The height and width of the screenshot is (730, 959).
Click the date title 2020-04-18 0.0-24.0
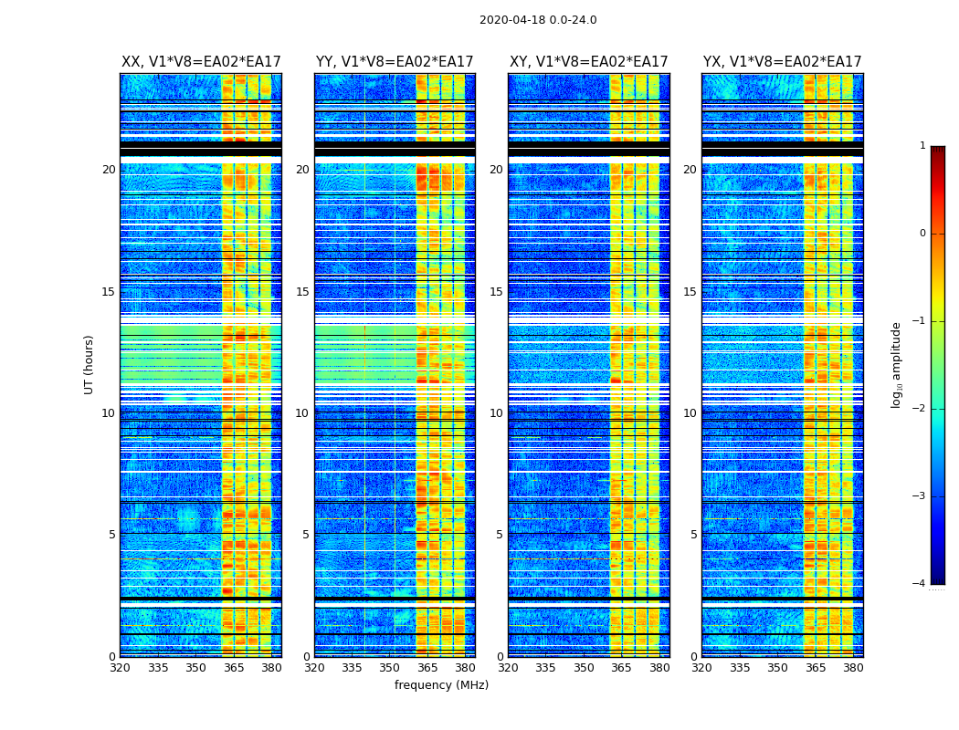[538, 20]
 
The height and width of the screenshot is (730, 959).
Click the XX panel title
[201, 62]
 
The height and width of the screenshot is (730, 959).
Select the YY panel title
[395, 62]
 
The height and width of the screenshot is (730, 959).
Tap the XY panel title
[589, 62]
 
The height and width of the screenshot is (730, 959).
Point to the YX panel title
[783, 62]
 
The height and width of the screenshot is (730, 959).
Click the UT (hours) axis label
[90, 364]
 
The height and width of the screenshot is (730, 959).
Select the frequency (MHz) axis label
[441, 685]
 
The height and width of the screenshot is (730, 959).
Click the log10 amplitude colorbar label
[897, 364]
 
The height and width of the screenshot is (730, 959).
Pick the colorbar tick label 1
[922, 146]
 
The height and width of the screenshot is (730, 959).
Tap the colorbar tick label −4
[920, 584]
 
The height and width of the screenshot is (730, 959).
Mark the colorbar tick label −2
[920, 409]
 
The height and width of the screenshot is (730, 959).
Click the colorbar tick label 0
[922, 234]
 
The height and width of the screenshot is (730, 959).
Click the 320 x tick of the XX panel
[120, 668]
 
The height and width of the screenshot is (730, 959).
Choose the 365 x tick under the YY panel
[427, 668]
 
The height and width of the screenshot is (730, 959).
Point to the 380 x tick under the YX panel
[853, 668]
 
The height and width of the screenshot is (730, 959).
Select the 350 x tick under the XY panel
[584, 668]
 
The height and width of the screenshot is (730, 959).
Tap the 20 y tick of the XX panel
[109, 170]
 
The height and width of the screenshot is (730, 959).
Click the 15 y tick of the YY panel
[302, 292]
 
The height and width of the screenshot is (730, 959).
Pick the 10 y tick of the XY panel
[496, 413]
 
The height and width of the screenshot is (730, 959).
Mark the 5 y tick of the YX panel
[693, 535]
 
